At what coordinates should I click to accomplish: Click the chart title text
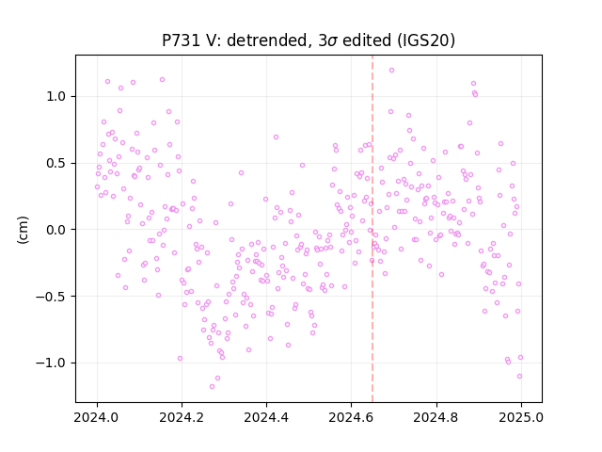click(x=309, y=40)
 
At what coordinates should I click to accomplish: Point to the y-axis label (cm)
click(x=23, y=230)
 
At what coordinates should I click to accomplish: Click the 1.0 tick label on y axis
click(x=56, y=96)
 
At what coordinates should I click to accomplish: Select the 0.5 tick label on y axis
click(x=56, y=163)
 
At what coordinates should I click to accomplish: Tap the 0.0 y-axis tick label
click(x=56, y=230)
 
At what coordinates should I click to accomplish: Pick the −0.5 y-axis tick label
click(x=51, y=297)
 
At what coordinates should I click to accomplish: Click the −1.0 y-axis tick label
click(x=51, y=363)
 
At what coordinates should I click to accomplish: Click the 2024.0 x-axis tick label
click(x=97, y=417)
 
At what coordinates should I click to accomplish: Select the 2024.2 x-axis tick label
click(x=182, y=417)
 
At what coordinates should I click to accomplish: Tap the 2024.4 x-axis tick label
click(x=266, y=417)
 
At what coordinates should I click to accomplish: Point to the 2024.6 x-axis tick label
click(x=351, y=417)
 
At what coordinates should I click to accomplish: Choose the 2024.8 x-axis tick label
click(x=436, y=417)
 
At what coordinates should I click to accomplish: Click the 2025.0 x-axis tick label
click(x=521, y=417)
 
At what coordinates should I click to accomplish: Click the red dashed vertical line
click(x=372, y=229)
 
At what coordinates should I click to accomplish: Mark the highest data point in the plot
click(x=391, y=71)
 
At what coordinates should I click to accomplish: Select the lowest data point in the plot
click(x=212, y=386)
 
